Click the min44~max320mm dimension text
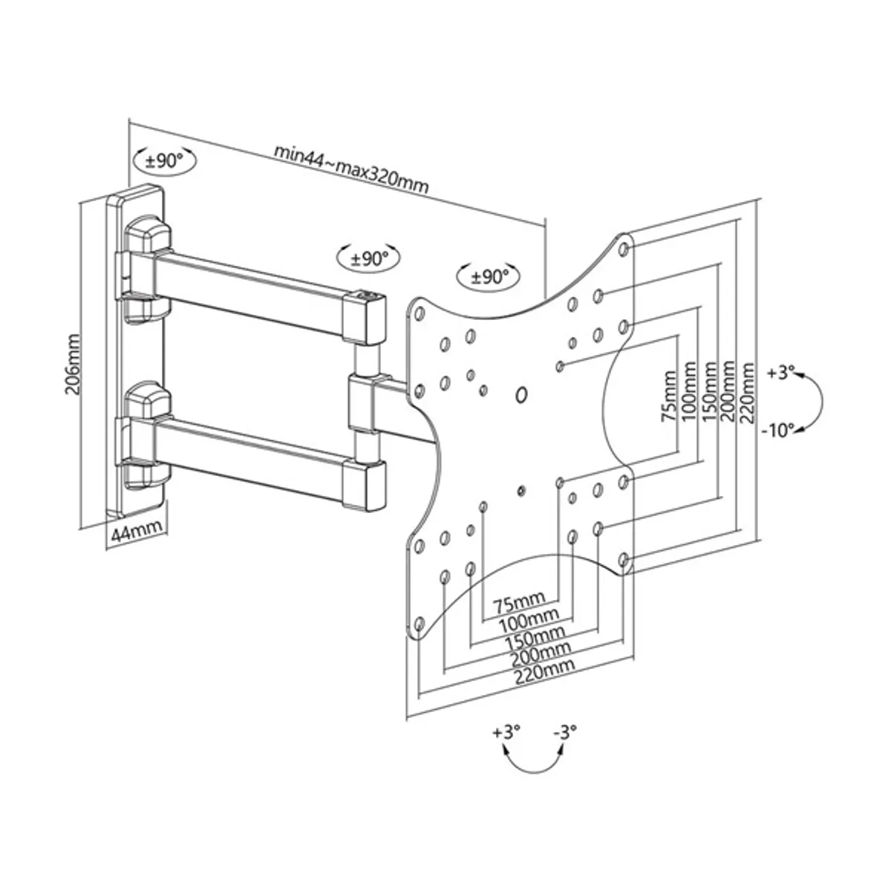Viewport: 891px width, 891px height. pyautogui.click(x=351, y=169)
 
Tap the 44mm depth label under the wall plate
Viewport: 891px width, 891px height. pyautogui.click(x=137, y=533)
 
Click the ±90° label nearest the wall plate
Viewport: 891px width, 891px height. pyautogui.click(x=164, y=161)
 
